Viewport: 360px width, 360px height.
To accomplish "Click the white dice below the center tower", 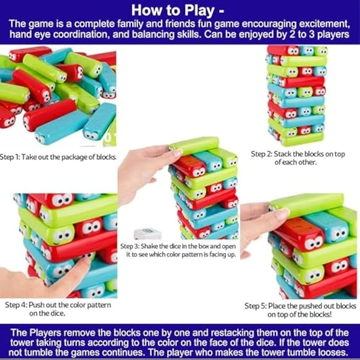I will [x=148, y=234].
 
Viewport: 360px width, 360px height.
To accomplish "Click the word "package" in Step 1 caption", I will [x=78, y=157].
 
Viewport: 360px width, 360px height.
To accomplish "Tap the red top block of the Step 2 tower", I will [x=284, y=50].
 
